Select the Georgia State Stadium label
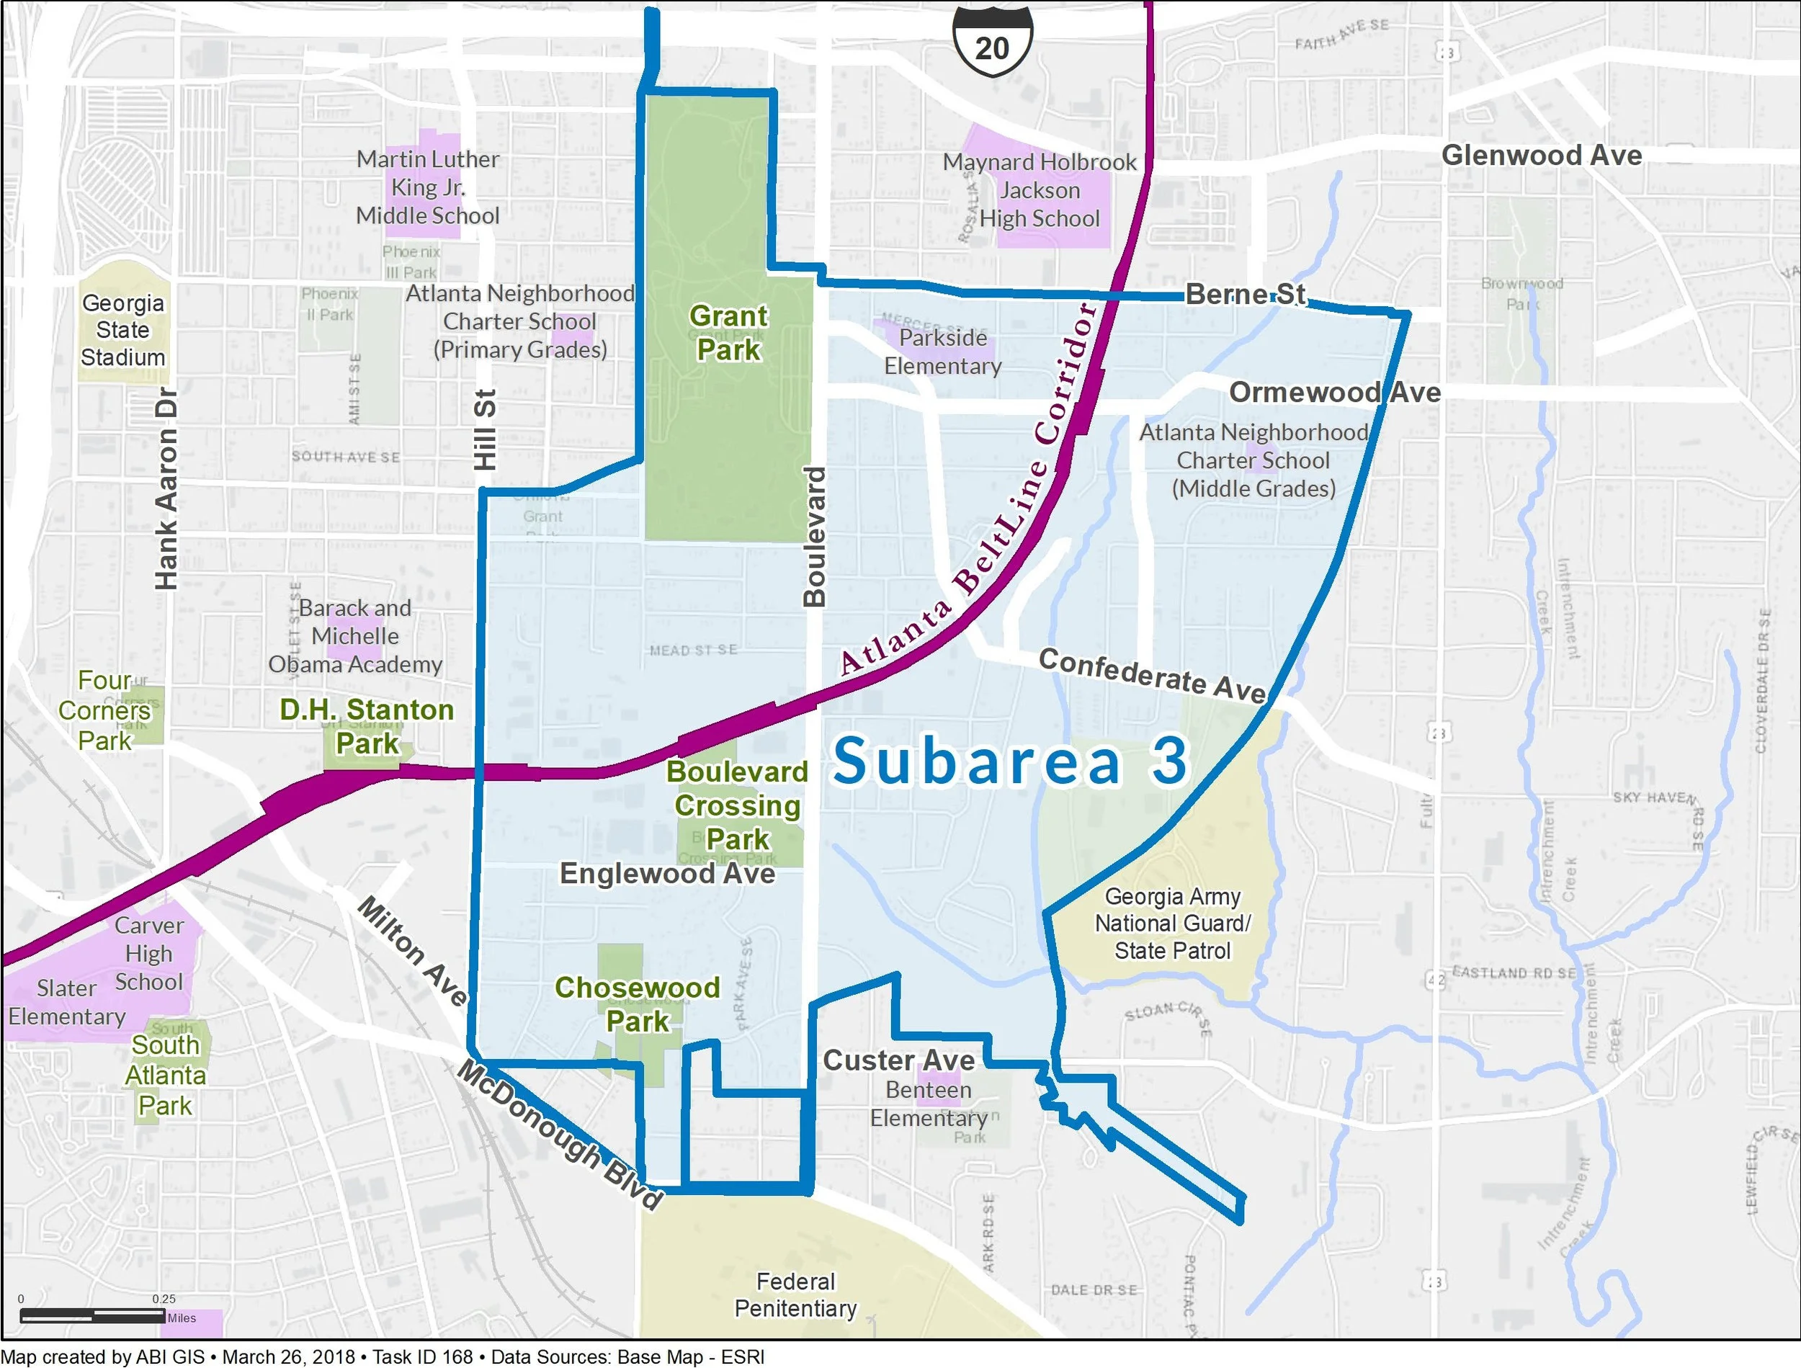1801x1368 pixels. coord(123,330)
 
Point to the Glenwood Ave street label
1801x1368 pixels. coord(1541,156)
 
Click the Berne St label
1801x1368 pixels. coord(1245,294)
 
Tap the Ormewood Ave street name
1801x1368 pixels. coord(1334,393)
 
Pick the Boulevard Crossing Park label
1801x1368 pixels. coord(737,805)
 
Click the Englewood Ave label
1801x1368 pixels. coord(667,874)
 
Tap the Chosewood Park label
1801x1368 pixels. coord(638,1004)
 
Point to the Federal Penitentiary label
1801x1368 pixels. coord(795,1295)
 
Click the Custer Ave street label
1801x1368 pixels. coord(898,1060)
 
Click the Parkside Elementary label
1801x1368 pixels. coord(943,352)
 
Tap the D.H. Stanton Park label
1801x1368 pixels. coord(367,725)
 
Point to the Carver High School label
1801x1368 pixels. coord(148,954)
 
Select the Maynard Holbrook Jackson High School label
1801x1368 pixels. coord(1039,191)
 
